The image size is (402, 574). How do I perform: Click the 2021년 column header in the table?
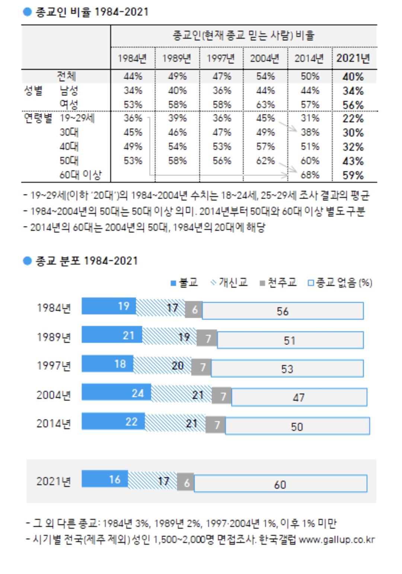(353, 58)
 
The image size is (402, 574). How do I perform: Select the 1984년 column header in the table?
(132, 58)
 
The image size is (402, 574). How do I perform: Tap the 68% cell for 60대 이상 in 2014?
(310, 175)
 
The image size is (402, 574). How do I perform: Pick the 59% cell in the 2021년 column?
(353, 175)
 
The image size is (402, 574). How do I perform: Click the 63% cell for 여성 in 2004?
(265, 105)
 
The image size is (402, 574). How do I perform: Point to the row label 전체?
(66, 76)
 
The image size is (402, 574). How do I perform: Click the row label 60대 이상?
(80, 175)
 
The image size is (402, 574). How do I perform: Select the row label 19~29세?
(77, 118)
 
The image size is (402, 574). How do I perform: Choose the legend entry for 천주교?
(278, 283)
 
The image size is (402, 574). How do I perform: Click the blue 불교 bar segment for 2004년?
(116, 392)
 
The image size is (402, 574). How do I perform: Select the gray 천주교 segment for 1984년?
(194, 309)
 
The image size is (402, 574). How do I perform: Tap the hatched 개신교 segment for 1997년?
(162, 365)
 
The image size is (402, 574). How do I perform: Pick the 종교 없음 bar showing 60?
(280, 484)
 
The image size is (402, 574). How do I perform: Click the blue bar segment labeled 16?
(105, 479)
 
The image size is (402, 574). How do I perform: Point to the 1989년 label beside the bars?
(54, 337)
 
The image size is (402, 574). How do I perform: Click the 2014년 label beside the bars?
(54, 423)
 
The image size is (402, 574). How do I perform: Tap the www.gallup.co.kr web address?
(336, 539)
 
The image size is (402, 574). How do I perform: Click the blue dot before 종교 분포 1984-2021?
(27, 261)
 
